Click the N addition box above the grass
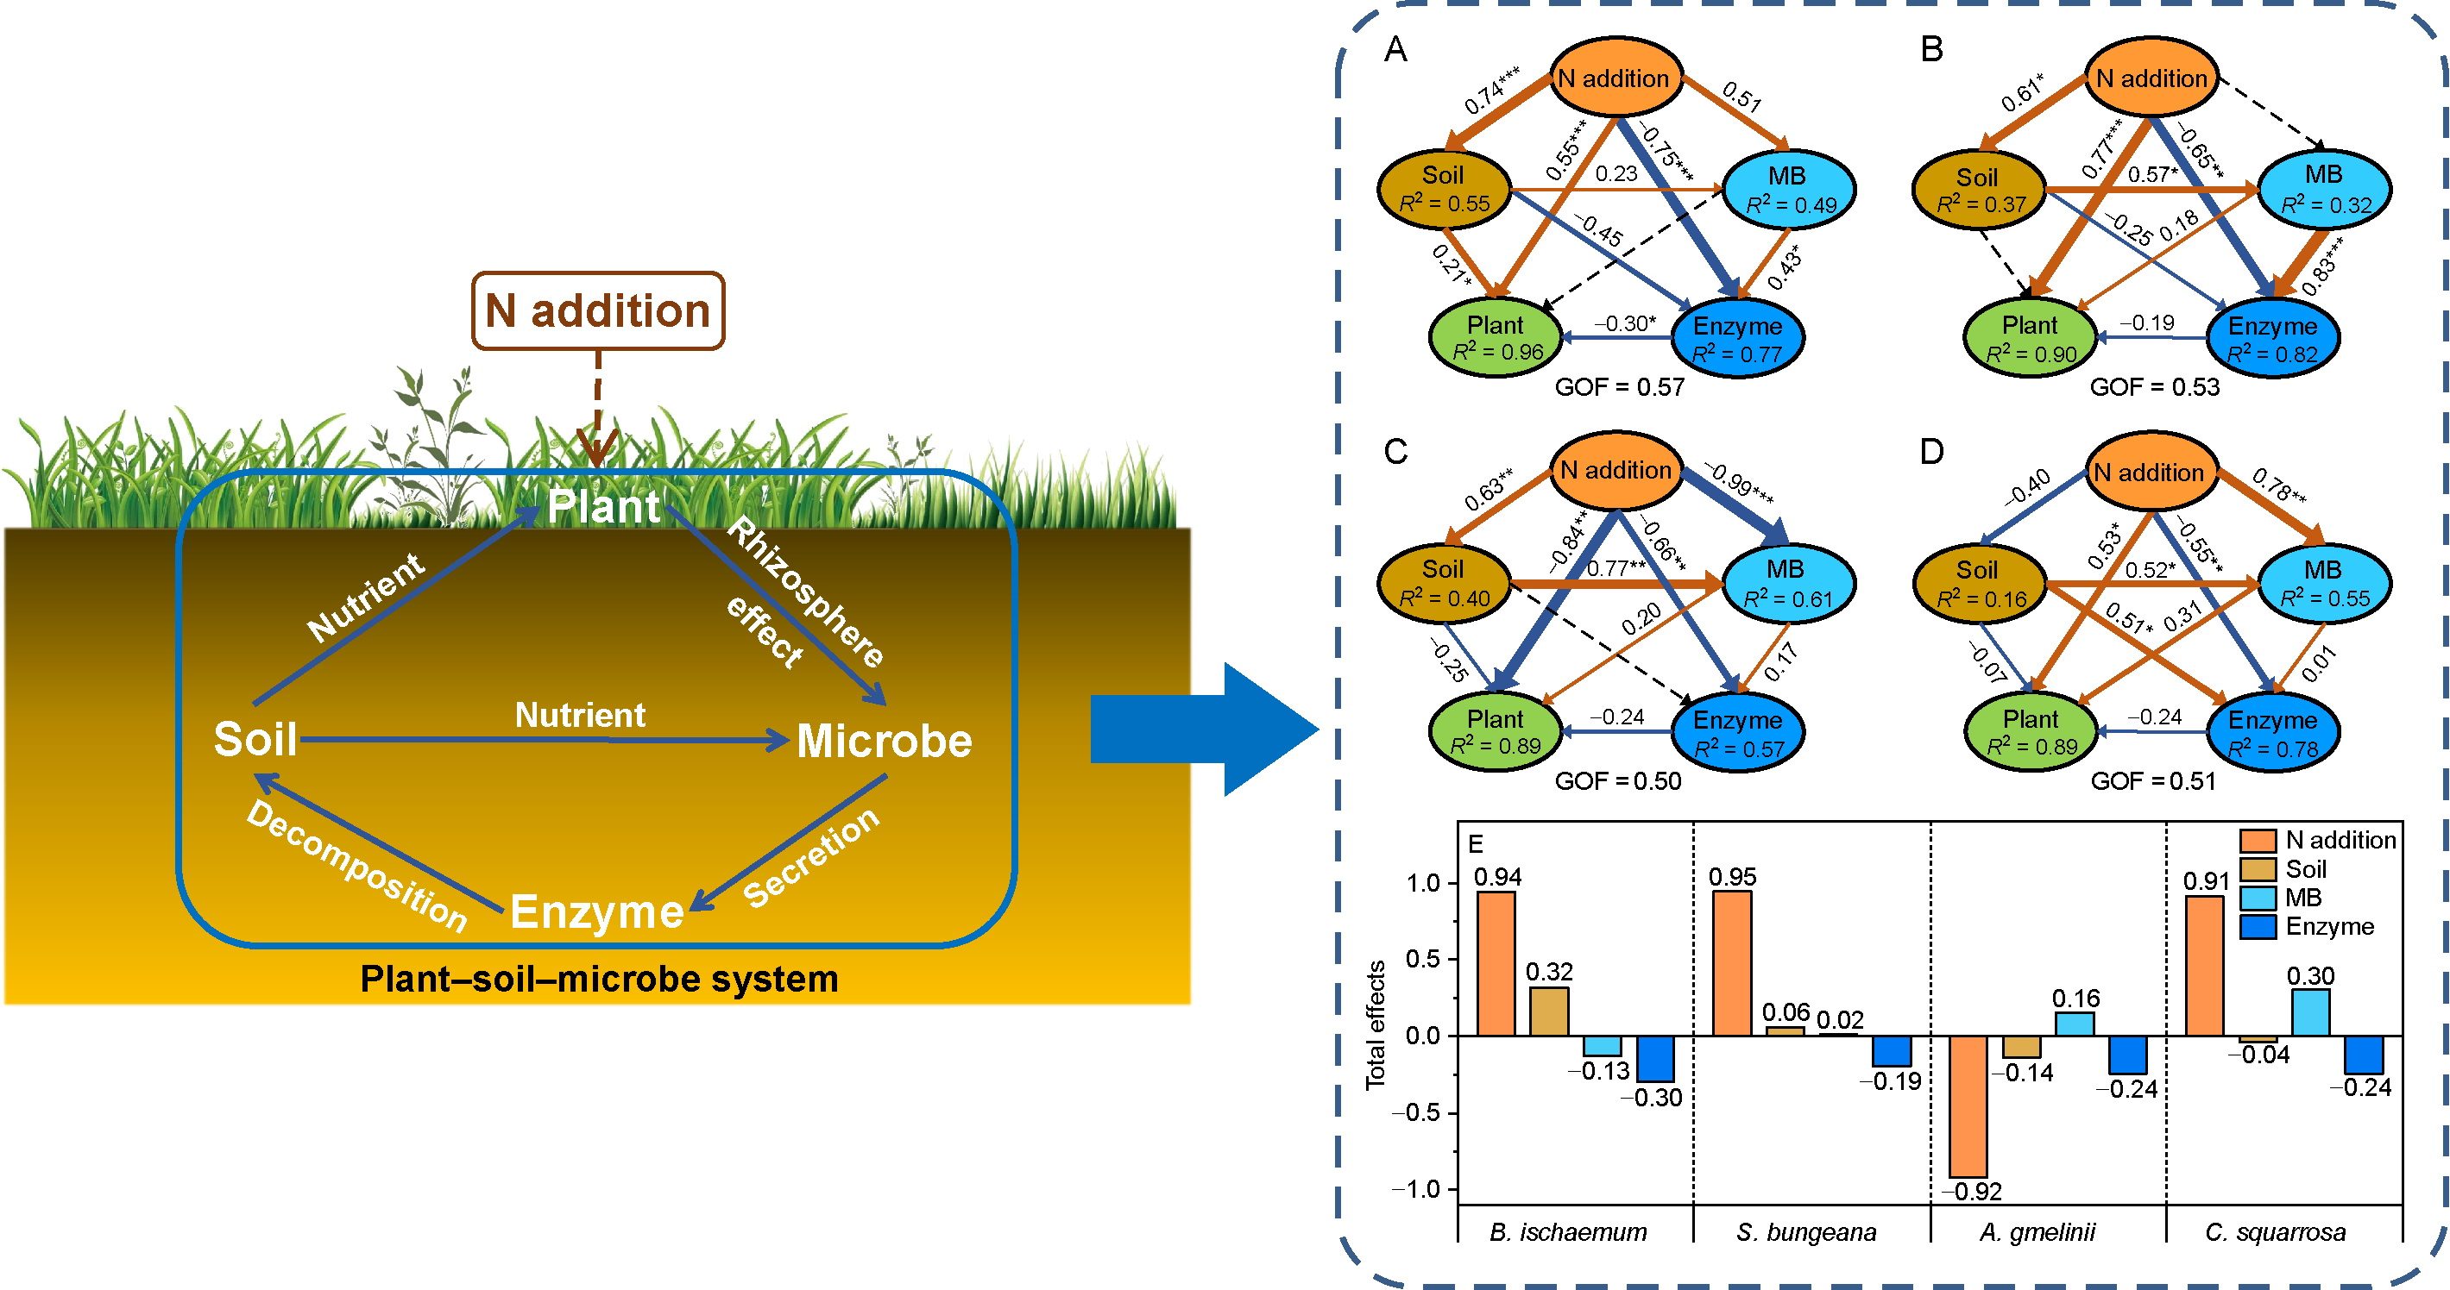[597, 310]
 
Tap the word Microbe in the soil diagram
[884, 741]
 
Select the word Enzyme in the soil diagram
[596, 911]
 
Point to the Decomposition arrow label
[356, 865]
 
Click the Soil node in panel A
[1443, 188]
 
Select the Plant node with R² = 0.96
[1495, 337]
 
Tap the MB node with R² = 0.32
[2323, 188]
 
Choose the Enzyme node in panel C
[1736, 732]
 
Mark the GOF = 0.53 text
[2154, 387]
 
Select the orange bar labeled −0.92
[1968, 1105]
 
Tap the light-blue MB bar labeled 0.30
[2310, 1011]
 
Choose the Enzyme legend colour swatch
[2258, 927]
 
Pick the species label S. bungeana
[1806, 1232]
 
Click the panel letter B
[1931, 48]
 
